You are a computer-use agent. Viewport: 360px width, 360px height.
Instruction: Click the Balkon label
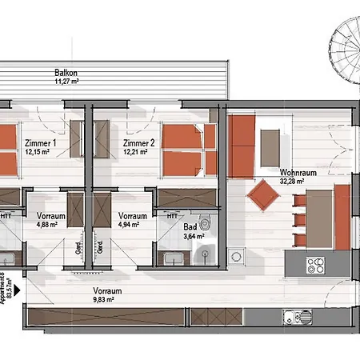tap(66, 71)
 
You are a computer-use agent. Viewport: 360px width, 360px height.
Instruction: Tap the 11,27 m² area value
tap(66, 81)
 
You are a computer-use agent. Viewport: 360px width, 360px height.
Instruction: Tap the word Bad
tap(190, 226)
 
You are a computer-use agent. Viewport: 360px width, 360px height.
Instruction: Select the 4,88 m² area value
tap(50, 225)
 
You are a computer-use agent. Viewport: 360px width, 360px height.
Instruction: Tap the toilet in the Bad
tap(207, 225)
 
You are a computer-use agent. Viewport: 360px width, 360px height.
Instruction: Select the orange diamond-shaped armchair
tap(261, 194)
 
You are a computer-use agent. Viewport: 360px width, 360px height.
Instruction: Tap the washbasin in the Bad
tap(172, 258)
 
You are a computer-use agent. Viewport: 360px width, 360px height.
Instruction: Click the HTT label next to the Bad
tap(172, 215)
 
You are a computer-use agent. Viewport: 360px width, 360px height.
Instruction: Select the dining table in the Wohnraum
tap(321, 216)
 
